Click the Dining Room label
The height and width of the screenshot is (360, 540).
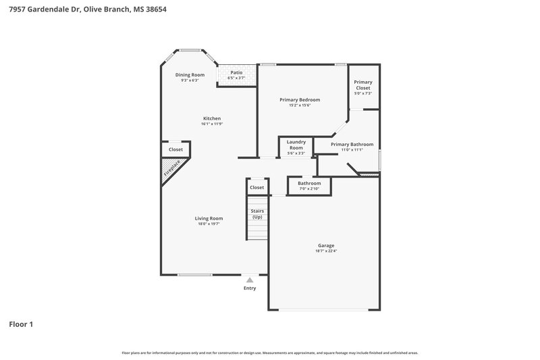[190, 74]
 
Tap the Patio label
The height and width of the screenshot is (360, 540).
[236, 72]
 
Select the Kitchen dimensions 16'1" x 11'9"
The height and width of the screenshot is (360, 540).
[211, 124]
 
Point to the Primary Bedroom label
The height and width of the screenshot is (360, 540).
[300, 99]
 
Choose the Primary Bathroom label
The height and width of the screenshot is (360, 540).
[352, 144]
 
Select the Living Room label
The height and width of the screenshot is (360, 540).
[209, 218]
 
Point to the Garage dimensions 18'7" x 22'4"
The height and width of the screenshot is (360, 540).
[326, 251]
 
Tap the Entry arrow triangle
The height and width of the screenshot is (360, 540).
[250, 279]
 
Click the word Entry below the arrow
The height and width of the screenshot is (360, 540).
[250, 288]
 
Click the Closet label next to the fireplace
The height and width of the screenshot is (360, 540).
[175, 149]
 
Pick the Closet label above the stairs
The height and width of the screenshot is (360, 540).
[257, 187]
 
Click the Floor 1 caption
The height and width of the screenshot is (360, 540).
[21, 324]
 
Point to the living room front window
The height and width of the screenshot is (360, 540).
[195, 274]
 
